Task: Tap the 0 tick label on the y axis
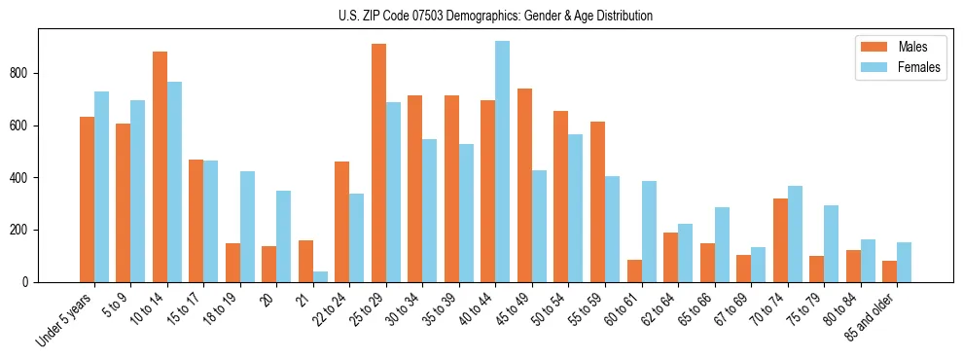click(31, 282)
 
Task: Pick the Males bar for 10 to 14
click(160, 166)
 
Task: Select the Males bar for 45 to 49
click(524, 185)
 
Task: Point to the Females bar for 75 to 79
click(831, 243)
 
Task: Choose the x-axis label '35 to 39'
click(436, 311)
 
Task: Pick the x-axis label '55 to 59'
click(582, 311)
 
